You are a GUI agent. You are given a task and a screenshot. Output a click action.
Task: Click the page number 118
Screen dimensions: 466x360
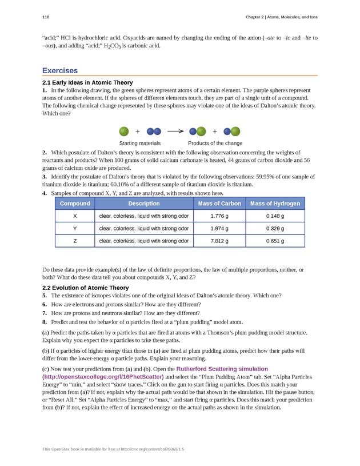(46, 18)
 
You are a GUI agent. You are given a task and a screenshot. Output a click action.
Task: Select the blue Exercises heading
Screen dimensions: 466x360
(60, 71)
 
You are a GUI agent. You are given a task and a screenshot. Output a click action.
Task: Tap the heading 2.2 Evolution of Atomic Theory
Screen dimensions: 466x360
(86, 287)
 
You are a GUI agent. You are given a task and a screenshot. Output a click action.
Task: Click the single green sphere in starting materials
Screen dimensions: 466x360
(124, 131)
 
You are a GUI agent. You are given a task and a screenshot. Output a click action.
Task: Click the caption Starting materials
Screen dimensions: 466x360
(139, 143)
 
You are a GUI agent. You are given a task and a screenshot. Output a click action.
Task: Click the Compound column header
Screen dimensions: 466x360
(75, 204)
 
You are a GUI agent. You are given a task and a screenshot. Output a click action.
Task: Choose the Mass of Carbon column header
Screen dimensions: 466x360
(219, 204)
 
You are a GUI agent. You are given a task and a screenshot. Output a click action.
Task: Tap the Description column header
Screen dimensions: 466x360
(143, 204)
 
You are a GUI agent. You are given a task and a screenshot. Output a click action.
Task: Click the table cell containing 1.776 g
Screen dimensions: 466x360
(219, 217)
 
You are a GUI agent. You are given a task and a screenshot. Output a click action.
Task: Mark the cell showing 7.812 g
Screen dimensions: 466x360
(219, 241)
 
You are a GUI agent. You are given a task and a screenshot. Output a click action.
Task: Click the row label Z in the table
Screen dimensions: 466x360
(75, 241)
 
